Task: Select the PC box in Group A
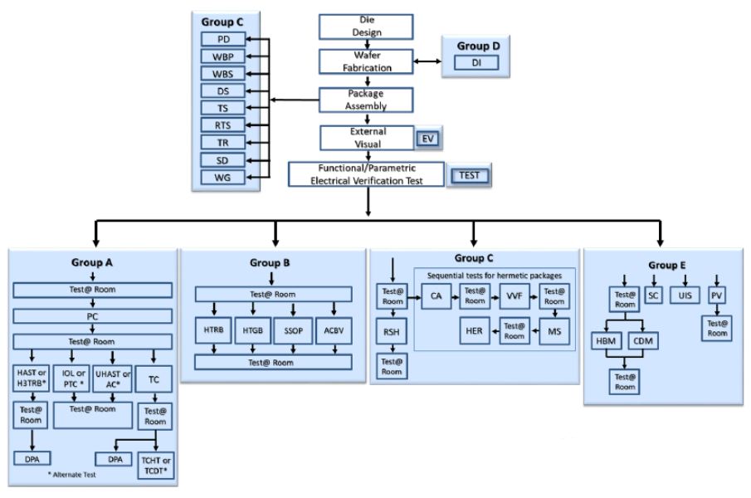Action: click(x=91, y=317)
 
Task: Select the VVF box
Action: click(x=514, y=295)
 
